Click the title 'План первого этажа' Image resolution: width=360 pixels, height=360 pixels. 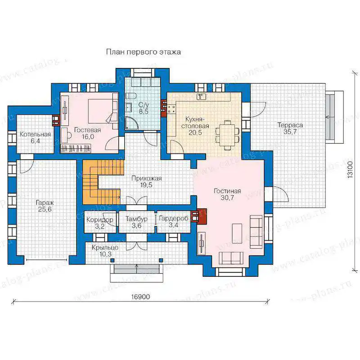click(143, 52)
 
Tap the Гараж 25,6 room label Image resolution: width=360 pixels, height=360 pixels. click(45, 206)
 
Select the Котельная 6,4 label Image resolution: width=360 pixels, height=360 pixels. click(35, 138)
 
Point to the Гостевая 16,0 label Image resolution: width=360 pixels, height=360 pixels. click(87, 133)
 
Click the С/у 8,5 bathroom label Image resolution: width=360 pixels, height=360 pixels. click(144, 108)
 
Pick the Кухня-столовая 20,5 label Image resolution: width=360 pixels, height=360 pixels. click(195, 126)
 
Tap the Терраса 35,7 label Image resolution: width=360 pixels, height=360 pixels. click(290, 128)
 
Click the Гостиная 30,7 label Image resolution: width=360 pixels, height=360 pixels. click(227, 194)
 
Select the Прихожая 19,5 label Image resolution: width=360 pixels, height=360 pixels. click(147, 182)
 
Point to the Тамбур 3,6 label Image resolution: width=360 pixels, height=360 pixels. click(136, 222)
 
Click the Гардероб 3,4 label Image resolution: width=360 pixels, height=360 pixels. click(173, 221)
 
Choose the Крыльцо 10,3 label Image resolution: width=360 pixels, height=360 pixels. click(105, 251)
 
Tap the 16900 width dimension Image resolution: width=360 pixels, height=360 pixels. click(140, 297)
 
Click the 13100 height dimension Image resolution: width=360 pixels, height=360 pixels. click(350, 170)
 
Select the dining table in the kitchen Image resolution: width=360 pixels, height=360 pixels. click(227, 135)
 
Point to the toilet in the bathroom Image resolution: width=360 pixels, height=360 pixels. click(131, 96)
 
